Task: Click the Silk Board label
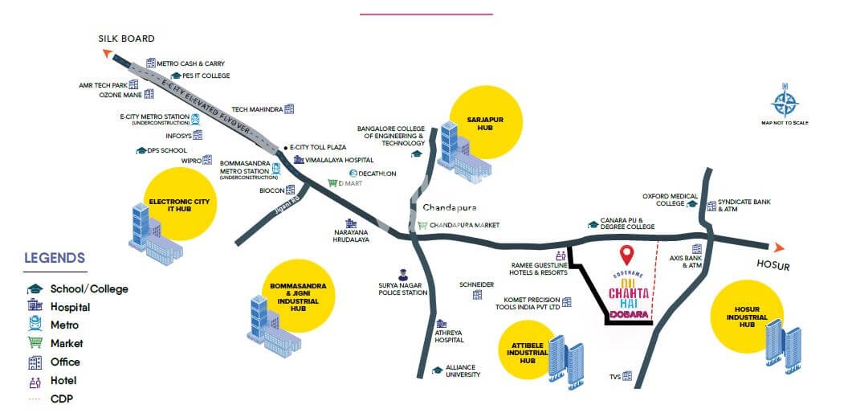tap(126, 39)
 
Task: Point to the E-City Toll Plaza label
tap(317, 148)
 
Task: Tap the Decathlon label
tap(377, 174)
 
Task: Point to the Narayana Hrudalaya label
tap(351, 235)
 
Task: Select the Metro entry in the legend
tap(64, 325)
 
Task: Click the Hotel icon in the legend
tap(35, 380)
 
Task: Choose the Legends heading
tap(55, 259)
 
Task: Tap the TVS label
tap(614, 376)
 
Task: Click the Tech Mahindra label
tap(257, 109)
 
